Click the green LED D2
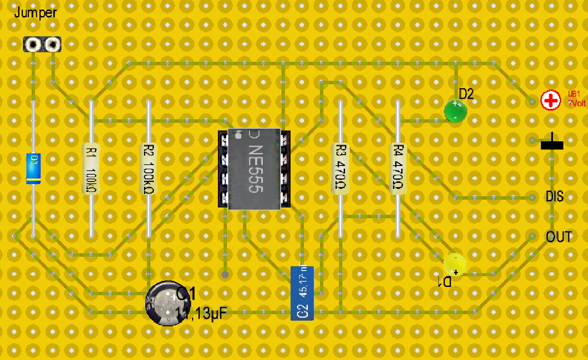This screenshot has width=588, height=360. point(455,111)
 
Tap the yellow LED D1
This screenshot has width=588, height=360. point(455,264)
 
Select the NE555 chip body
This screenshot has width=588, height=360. point(254,169)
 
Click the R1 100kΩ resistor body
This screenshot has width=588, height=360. point(91,169)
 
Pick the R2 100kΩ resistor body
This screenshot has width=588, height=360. point(148,169)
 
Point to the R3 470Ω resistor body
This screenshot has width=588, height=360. point(340,169)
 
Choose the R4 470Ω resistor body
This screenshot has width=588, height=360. point(398,169)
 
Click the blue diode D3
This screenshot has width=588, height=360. point(33,169)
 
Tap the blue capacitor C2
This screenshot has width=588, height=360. point(302,293)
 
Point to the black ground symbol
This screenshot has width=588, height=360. point(552,144)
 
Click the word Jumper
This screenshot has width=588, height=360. point(35,13)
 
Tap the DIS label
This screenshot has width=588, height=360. point(555,197)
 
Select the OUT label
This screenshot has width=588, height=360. point(559,237)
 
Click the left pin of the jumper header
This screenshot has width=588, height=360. point(33,44)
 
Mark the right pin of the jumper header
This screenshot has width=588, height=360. point(52,44)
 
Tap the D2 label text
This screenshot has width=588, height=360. point(466,93)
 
